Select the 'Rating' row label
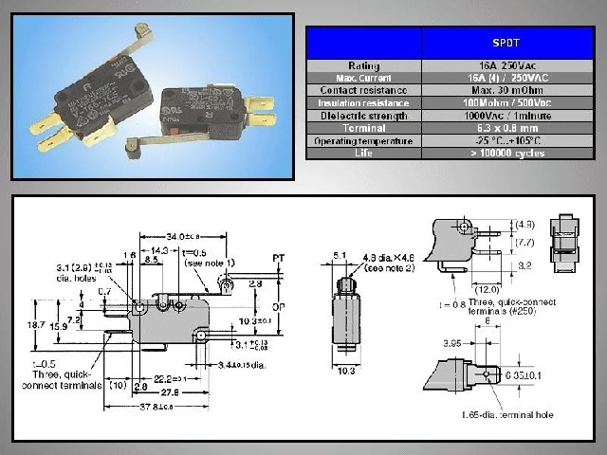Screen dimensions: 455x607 tap(363, 64)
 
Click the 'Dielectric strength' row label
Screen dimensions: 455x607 tap(363, 115)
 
